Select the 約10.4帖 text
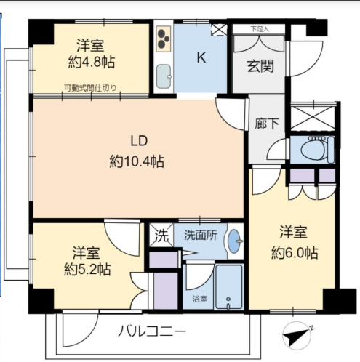coord(136,161)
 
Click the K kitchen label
coord(201,59)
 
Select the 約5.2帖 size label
coord(87,269)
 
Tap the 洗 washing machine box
coord(160,236)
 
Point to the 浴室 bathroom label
coord(198,299)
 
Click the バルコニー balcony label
coord(152,332)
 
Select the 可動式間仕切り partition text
coord(90,89)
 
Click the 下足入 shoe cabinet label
coord(259,29)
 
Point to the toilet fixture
coord(313,150)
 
